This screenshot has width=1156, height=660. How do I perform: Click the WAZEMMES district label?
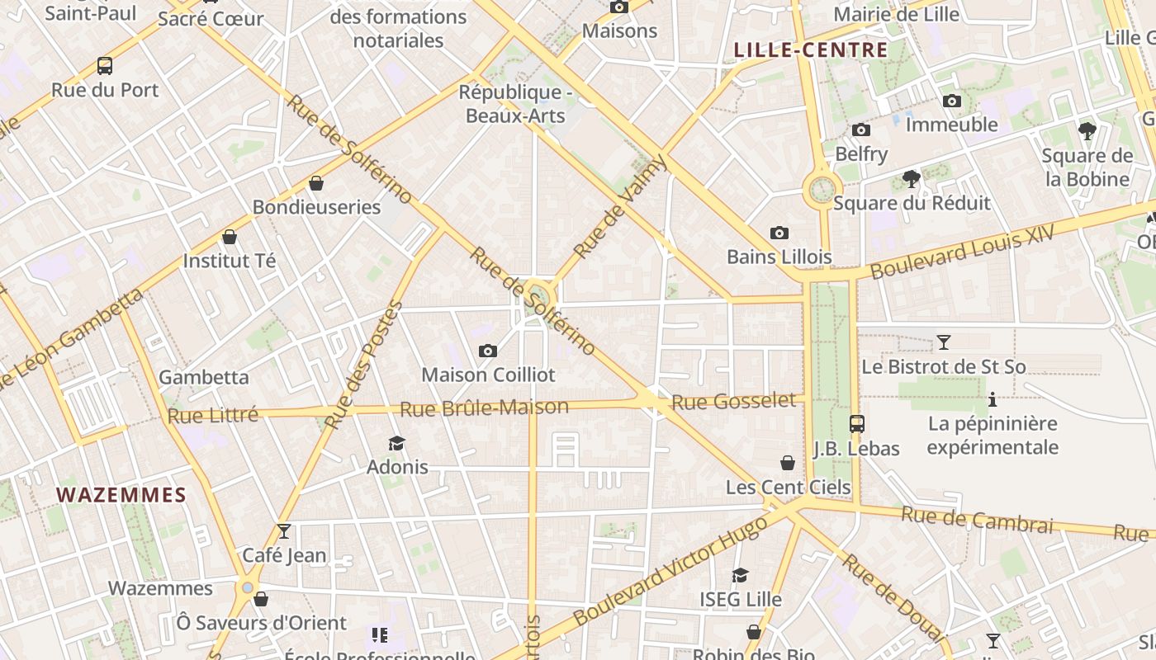tap(121, 495)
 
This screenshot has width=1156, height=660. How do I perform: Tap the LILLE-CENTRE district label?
tap(811, 50)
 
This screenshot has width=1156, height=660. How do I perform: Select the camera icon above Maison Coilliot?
tap(488, 351)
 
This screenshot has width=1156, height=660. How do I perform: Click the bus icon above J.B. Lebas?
tap(857, 424)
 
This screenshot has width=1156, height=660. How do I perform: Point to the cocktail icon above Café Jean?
tap(284, 530)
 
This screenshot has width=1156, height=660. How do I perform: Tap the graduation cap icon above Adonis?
tap(397, 443)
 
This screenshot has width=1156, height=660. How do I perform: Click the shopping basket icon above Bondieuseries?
tap(316, 183)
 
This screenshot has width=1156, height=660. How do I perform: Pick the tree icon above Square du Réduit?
tap(912, 178)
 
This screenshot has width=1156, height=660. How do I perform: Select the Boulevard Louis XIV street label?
tap(962, 252)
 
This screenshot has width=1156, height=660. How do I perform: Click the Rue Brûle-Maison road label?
tap(485, 408)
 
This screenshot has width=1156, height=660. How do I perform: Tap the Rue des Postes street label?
tap(363, 365)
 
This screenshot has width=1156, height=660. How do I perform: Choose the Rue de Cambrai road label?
tap(977, 520)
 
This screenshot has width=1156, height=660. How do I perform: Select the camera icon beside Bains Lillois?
tap(779, 233)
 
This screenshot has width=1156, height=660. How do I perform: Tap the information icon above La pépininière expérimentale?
tap(993, 401)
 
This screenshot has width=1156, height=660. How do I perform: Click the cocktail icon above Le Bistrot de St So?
tap(944, 342)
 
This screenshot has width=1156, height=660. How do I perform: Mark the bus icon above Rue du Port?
tap(105, 66)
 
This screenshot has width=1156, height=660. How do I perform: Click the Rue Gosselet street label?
tap(734, 402)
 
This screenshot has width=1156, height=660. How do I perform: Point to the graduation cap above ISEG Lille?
tap(741, 575)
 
